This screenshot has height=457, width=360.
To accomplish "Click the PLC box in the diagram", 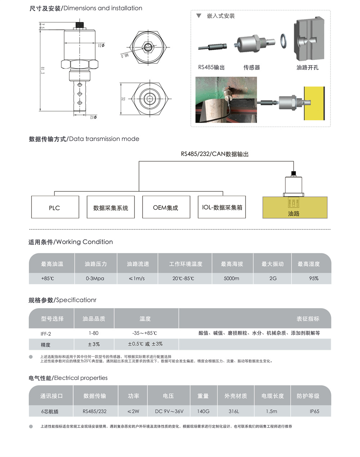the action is point(55,207).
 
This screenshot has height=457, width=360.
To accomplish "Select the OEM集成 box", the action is point(166,207).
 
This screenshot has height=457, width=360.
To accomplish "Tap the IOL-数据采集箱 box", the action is point(222,207).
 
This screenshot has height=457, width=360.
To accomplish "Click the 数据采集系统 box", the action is point(111,207).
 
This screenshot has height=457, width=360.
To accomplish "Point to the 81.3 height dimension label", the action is point(42,70).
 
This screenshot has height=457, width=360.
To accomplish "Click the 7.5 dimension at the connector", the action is point(42,26).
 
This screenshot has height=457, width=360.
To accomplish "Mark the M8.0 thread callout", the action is point(125,55).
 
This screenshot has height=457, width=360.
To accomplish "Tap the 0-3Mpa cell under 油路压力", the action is point(95,279).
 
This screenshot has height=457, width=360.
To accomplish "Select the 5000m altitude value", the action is point(231,279).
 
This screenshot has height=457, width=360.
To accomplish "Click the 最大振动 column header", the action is point(273,264).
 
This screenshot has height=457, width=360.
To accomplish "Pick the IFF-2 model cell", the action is point(46,334).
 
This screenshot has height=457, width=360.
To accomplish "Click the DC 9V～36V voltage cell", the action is point(169,411).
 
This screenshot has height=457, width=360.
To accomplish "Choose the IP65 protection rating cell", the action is point(315,411).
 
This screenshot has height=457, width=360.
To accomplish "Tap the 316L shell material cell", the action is point(234,411).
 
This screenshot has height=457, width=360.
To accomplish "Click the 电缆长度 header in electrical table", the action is point(273,396).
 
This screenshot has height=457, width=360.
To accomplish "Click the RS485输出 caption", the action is point(211,67).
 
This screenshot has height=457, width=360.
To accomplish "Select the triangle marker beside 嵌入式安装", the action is point(199,15).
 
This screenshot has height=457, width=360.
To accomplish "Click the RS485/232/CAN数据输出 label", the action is point(215,154).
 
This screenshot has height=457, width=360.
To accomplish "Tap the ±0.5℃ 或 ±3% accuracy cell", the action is point(145,344).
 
